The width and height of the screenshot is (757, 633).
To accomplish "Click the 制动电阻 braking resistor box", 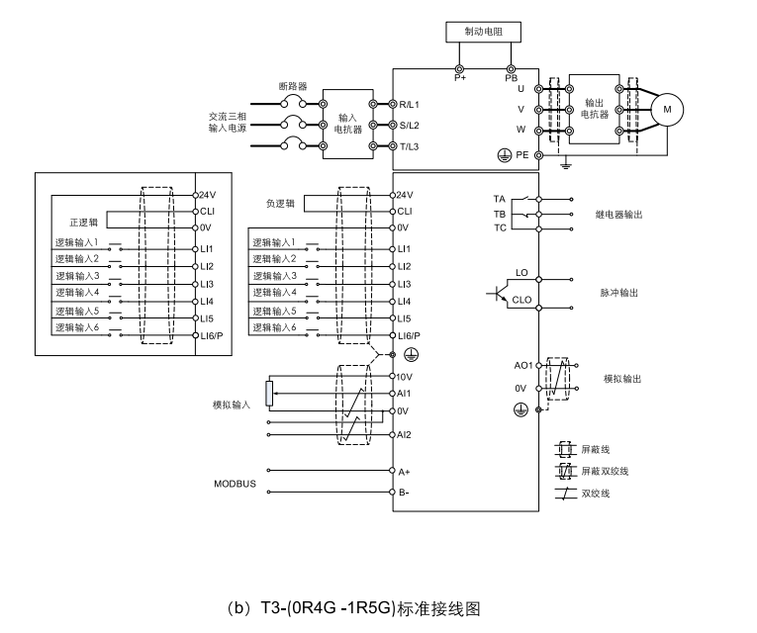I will click(x=484, y=33).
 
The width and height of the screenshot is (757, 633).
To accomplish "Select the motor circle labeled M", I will click(x=666, y=108).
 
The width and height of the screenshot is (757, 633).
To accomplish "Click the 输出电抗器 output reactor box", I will click(x=595, y=108).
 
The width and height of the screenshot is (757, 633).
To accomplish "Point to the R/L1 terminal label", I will click(x=411, y=104).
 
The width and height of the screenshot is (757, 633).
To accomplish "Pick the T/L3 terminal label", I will click(x=411, y=146).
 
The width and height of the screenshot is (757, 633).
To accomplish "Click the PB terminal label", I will click(x=511, y=78).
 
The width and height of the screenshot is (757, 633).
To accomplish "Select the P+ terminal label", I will click(x=460, y=78).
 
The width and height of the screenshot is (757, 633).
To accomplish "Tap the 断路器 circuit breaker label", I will click(x=293, y=86).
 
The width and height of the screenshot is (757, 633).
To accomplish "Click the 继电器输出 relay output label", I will click(x=618, y=214).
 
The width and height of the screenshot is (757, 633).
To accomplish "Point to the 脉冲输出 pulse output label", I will click(x=618, y=293).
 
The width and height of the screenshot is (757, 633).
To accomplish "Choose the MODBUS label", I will click(x=235, y=484).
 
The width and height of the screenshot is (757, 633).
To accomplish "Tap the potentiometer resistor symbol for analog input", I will click(x=270, y=393).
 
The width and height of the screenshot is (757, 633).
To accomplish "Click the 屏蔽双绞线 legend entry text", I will click(x=605, y=470).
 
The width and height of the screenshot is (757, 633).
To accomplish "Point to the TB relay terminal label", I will click(x=499, y=214).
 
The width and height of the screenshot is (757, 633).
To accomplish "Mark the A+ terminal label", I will click(x=404, y=473).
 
